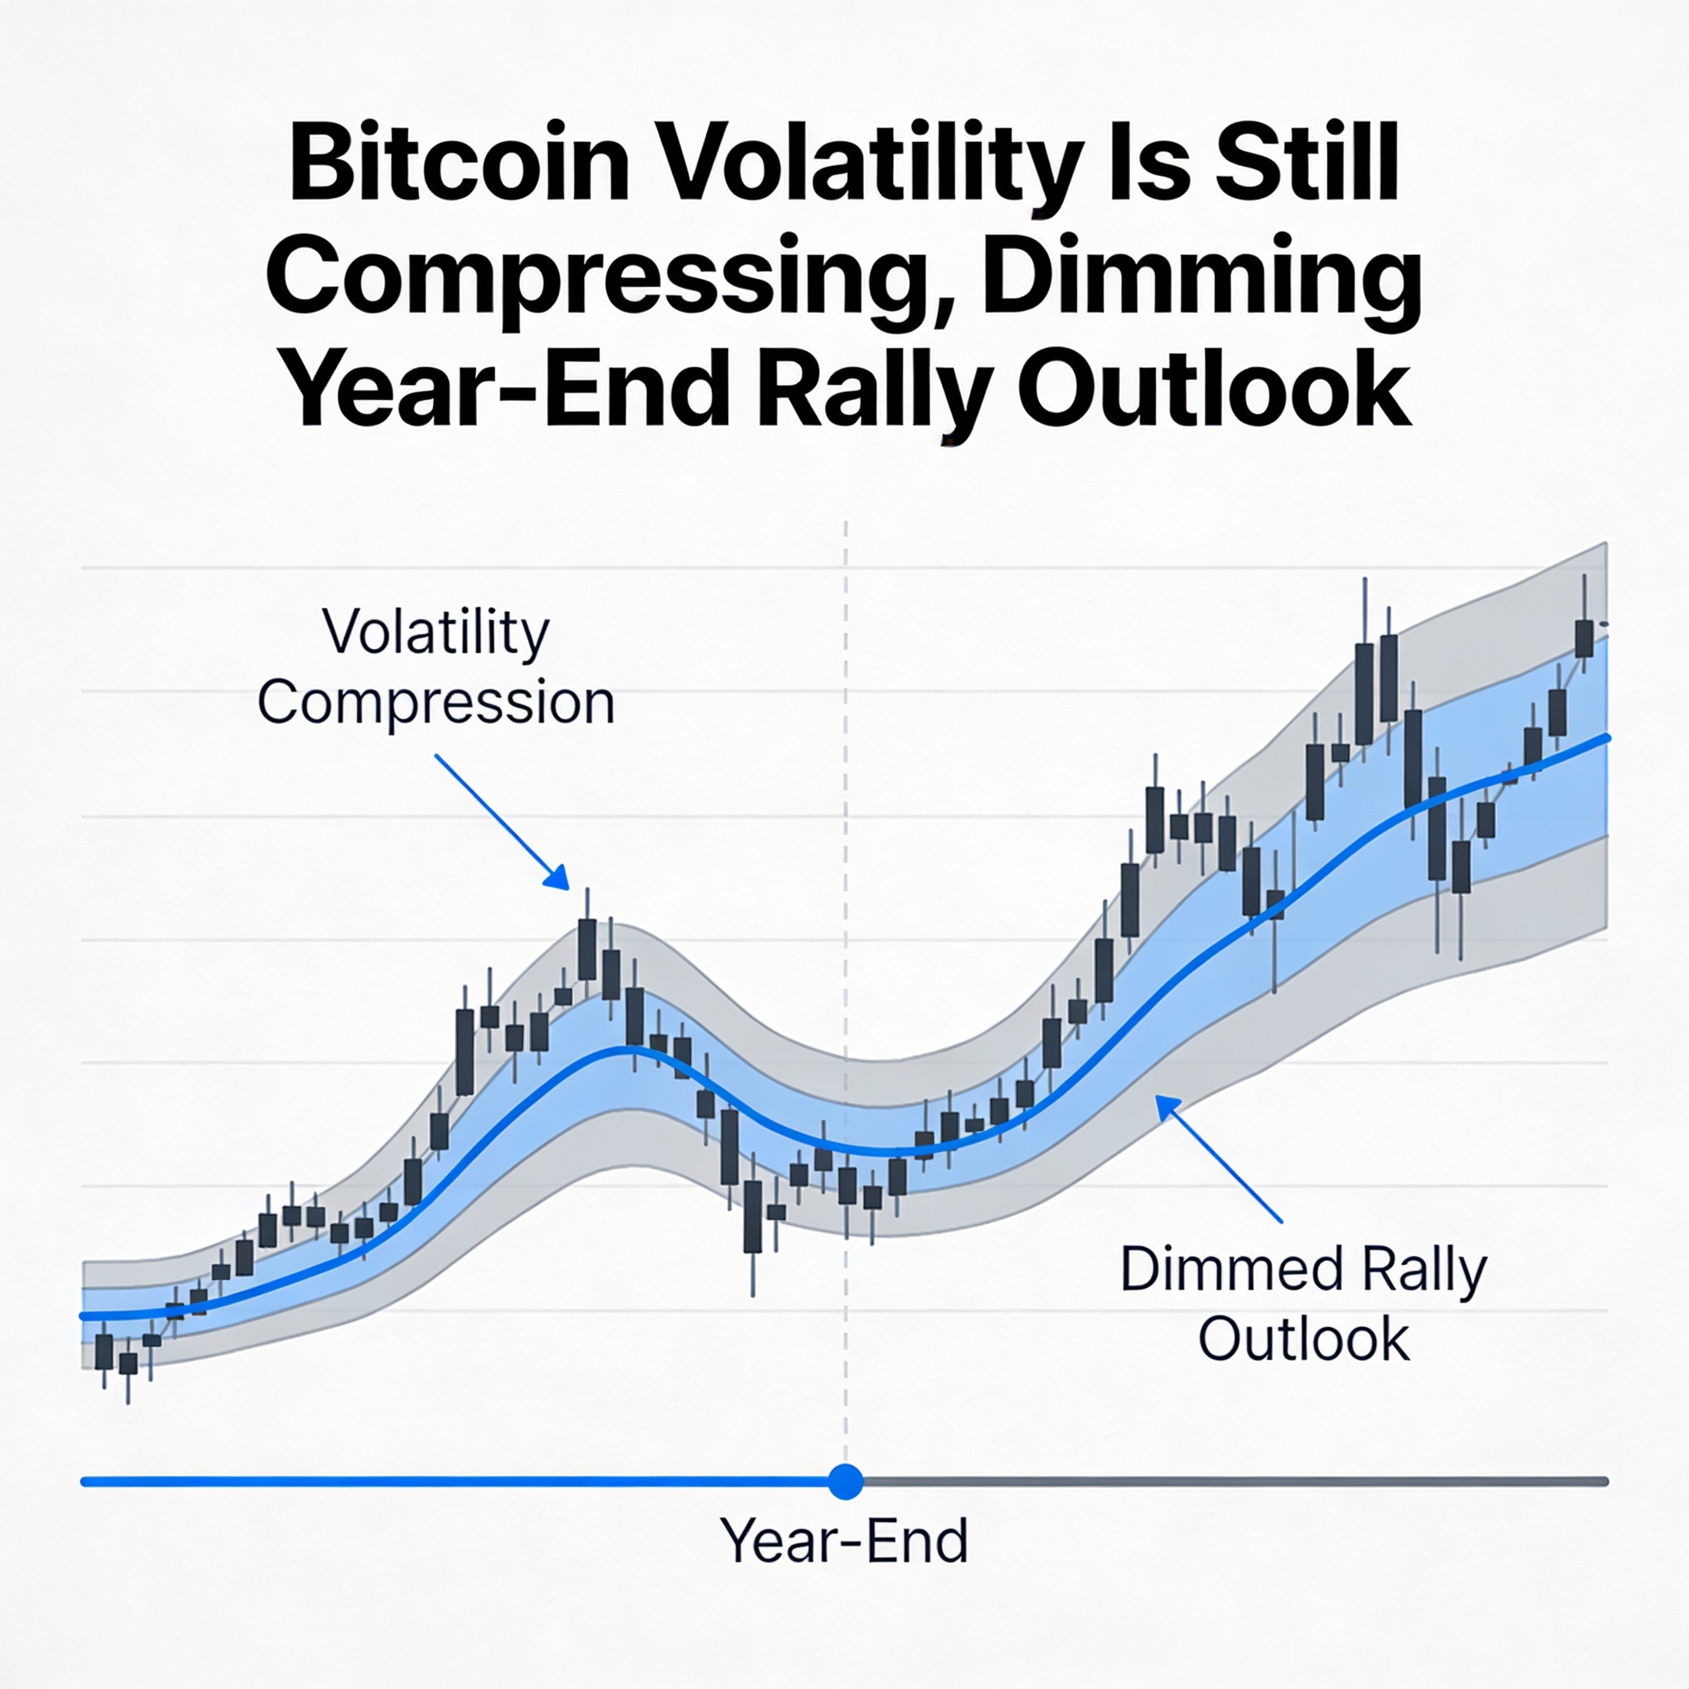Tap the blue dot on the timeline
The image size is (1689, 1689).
pos(844,1482)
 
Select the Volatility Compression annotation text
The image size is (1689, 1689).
pos(436,666)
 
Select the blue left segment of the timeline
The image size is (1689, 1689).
pos(454,1482)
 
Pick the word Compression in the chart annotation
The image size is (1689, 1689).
pos(436,702)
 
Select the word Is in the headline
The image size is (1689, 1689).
pos(1152,163)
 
